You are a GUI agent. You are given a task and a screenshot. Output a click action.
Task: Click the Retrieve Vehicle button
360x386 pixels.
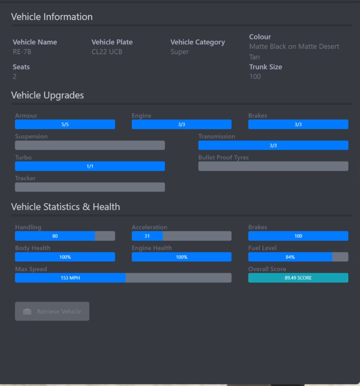52,311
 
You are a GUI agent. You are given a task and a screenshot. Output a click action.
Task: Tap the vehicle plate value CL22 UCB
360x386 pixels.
107,52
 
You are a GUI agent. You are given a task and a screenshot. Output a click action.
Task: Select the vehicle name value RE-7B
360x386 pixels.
22,52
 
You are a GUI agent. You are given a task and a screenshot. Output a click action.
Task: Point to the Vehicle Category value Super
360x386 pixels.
179,52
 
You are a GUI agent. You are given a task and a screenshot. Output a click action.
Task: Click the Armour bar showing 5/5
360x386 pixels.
65,125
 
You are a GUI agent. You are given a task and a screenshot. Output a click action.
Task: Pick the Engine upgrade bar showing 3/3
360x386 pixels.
182,125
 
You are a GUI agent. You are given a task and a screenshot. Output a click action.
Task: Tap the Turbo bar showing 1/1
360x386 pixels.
90,166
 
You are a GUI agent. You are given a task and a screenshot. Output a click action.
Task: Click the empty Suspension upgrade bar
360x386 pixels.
90,146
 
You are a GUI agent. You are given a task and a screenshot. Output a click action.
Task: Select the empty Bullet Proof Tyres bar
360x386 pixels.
273,166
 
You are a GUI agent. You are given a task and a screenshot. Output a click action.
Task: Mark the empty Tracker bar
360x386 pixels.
90,187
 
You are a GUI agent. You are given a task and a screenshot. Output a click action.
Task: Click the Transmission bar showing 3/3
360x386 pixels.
273,146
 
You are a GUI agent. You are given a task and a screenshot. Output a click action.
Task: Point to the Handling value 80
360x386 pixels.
55,236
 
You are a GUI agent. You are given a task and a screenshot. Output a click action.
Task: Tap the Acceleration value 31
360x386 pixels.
147,236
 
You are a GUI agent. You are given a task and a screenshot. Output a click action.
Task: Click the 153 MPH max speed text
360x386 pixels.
70,278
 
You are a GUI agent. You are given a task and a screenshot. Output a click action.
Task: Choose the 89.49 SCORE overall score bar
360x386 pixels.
298,278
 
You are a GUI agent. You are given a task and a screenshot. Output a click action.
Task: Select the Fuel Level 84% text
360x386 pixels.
290,257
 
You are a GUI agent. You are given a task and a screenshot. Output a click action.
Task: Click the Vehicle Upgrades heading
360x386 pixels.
48,96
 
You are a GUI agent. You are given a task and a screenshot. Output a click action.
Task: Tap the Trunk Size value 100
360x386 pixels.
255,76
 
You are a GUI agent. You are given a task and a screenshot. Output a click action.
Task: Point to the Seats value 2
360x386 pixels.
15,76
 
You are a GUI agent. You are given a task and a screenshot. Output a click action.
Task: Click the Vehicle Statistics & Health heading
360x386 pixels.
65,207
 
